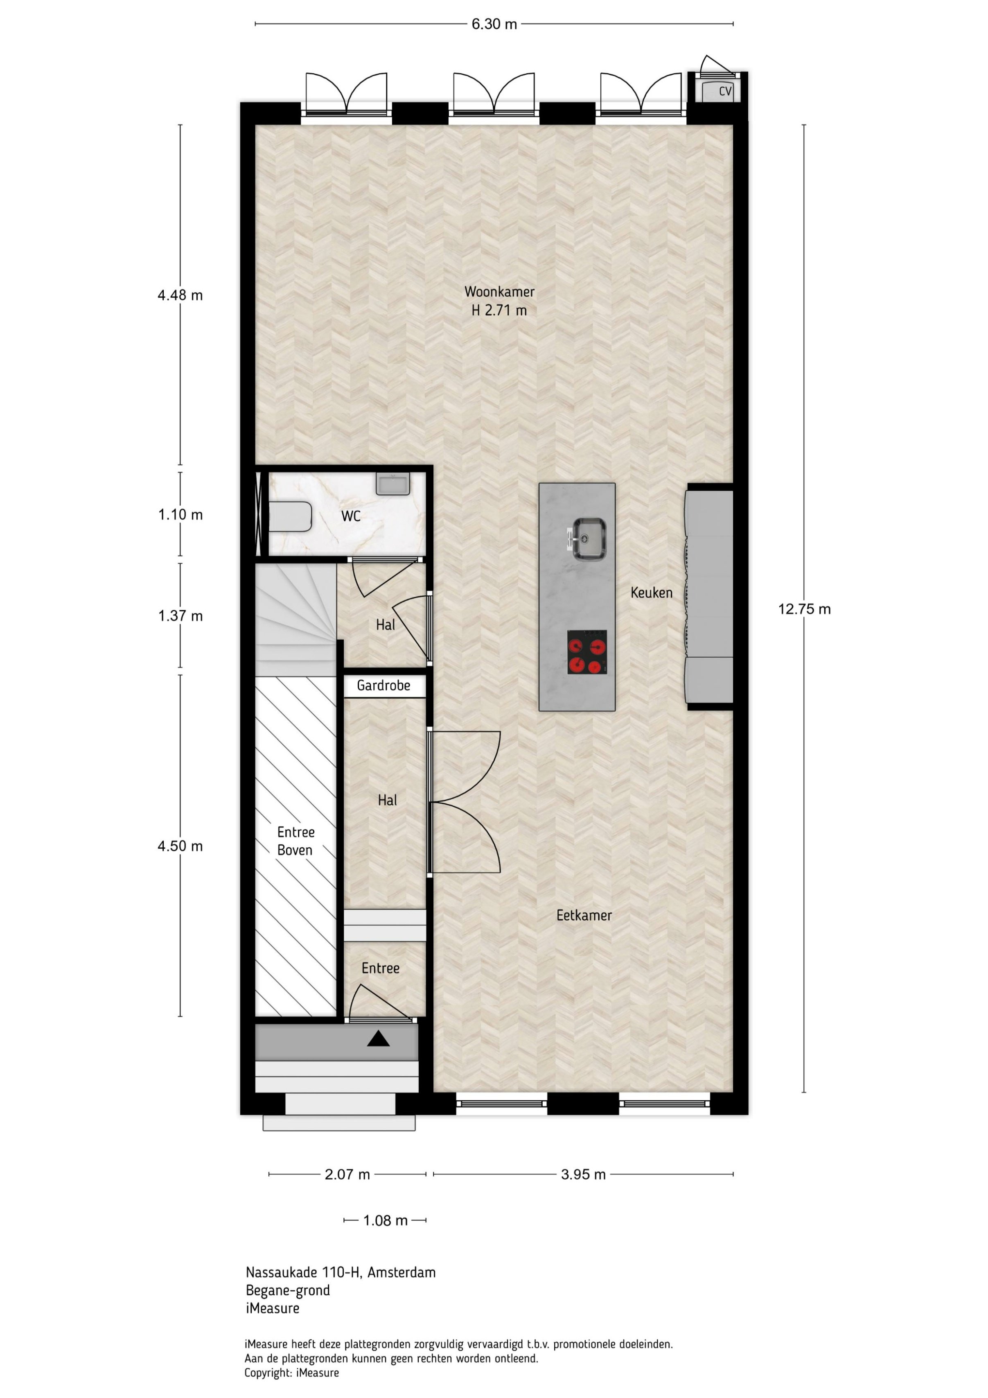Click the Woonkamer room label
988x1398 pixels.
499,292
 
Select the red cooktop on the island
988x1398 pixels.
587,652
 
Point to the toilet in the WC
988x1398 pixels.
290,516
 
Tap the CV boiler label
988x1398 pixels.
725,91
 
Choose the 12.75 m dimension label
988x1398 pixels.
804,609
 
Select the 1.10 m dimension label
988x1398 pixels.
180,514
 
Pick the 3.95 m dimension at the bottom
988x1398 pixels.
583,1174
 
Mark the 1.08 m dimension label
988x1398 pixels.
386,1220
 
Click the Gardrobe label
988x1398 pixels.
383,685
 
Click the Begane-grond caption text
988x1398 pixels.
288,1290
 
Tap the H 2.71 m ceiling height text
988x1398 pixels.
499,310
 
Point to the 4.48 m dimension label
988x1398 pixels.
180,295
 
